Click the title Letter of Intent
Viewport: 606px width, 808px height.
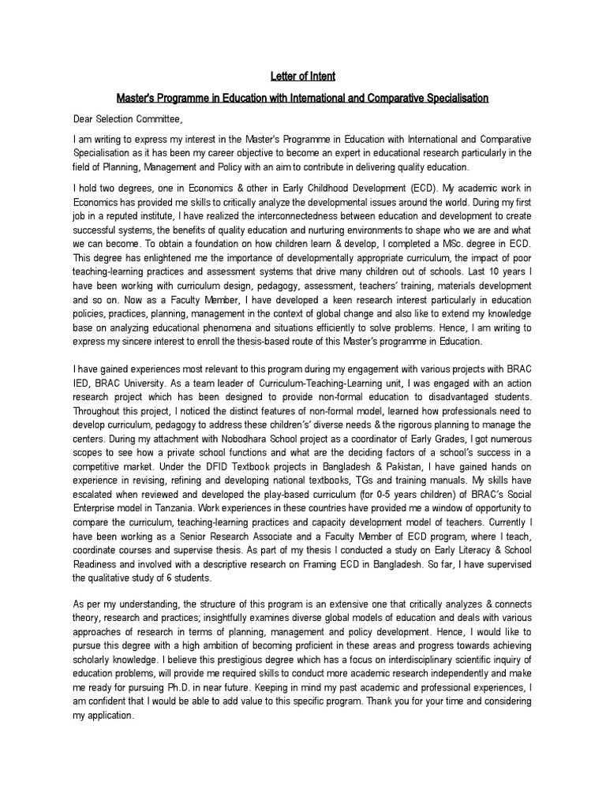click(x=303, y=77)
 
